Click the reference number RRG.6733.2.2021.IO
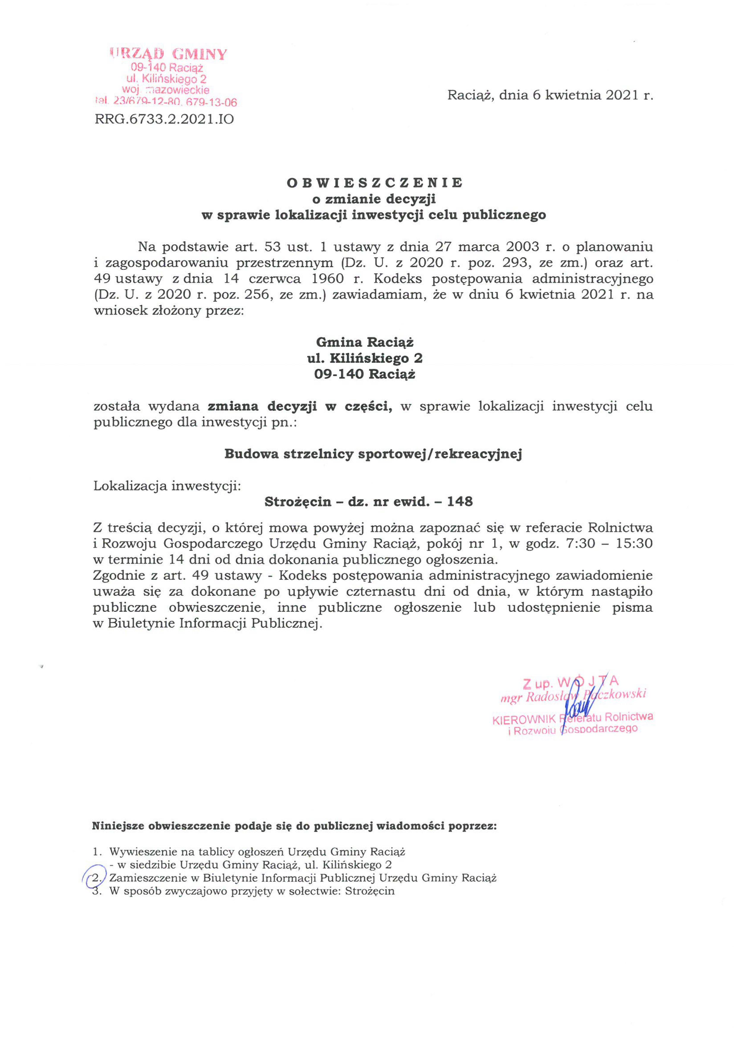(164, 119)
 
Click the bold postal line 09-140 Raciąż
(365, 374)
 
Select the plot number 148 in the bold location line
(460, 501)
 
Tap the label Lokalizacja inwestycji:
(167, 486)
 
